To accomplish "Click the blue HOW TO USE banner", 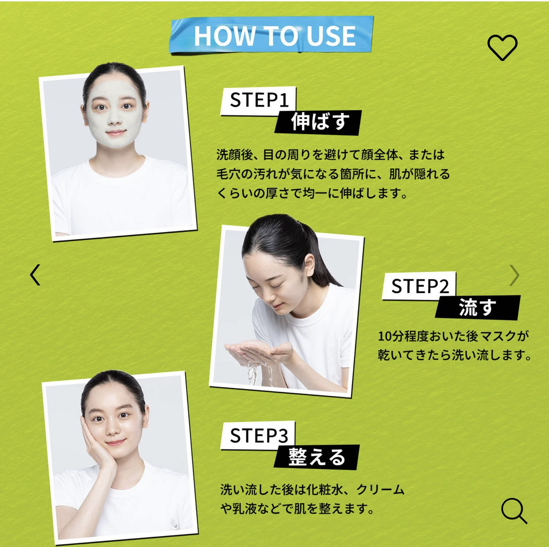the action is point(272,35).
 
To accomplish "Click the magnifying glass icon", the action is point(514,510).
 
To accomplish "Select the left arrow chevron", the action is point(35,275).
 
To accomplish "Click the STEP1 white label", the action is point(259,100).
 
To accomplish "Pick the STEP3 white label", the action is point(258,435).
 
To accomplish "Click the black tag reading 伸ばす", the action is point(318,122).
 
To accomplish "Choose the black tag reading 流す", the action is point(478,307).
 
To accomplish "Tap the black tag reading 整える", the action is point(317,457).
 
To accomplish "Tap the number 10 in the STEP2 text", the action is point(384,337).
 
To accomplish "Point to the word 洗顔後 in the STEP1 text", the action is point(234,154).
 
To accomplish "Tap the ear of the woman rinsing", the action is point(310,265).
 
